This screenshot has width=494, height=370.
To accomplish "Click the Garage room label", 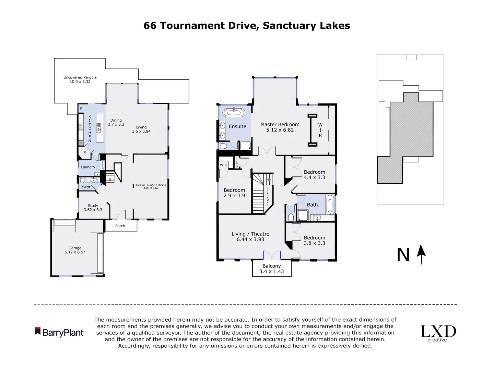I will (75, 248).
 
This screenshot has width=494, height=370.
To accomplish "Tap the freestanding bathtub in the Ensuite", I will (234, 113).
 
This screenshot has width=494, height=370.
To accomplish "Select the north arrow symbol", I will (421, 255).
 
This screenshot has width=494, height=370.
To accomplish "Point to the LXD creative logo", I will (438, 333).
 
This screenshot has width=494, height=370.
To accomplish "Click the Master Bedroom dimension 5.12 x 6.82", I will (280, 130).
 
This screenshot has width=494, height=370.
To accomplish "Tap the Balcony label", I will (271, 266).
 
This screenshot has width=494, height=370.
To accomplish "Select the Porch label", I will (120, 226).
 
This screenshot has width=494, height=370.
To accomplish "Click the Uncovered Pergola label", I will (80, 77).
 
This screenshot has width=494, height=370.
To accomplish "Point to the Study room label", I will (93, 206).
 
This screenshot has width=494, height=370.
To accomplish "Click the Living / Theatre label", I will (250, 234).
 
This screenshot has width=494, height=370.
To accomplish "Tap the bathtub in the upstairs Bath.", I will (330, 205).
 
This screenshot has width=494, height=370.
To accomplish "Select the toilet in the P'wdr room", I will (82, 180).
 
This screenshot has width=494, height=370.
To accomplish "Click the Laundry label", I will (88, 167).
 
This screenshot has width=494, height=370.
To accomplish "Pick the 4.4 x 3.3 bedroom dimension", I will (314, 177).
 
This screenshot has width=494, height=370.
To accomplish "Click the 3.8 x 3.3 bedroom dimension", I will (314, 243).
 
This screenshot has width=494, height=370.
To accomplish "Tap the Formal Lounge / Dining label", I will (151, 185).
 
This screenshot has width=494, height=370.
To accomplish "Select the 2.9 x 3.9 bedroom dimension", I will (234, 196).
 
